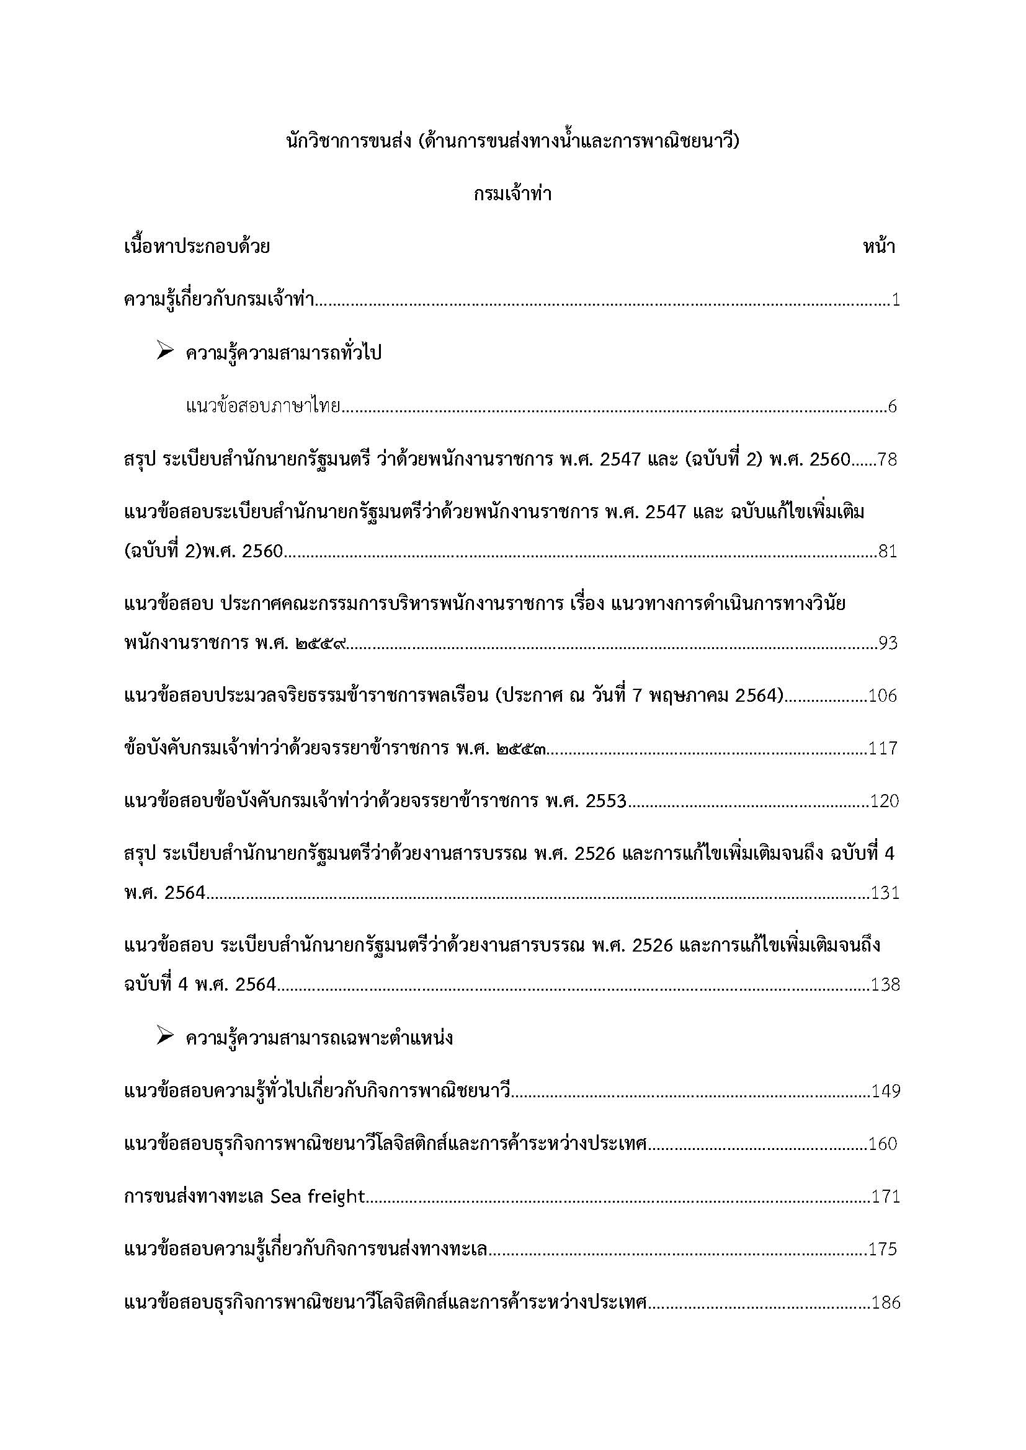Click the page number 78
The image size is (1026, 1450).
(887, 459)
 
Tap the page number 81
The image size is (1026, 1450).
(887, 551)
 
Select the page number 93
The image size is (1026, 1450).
(887, 643)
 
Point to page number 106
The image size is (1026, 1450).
(883, 696)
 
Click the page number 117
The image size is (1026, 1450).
(883, 748)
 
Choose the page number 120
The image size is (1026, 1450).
(884, 802)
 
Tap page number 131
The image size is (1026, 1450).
(885, 893)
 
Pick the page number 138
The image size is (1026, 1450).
(885, 984)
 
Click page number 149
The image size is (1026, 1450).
(885, 1090)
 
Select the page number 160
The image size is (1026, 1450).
(883, 1144)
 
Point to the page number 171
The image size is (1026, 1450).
(885, 1196)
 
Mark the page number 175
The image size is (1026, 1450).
(883, 1249)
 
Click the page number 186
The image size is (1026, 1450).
(885, 1302)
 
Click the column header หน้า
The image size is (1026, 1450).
(879, 246)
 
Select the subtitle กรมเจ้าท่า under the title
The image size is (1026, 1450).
(512, 194)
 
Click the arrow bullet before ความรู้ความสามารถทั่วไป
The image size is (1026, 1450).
(165, 351)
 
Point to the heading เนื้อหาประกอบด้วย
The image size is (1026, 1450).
(197, 246)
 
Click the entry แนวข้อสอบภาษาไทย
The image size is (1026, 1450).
(263, 406)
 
